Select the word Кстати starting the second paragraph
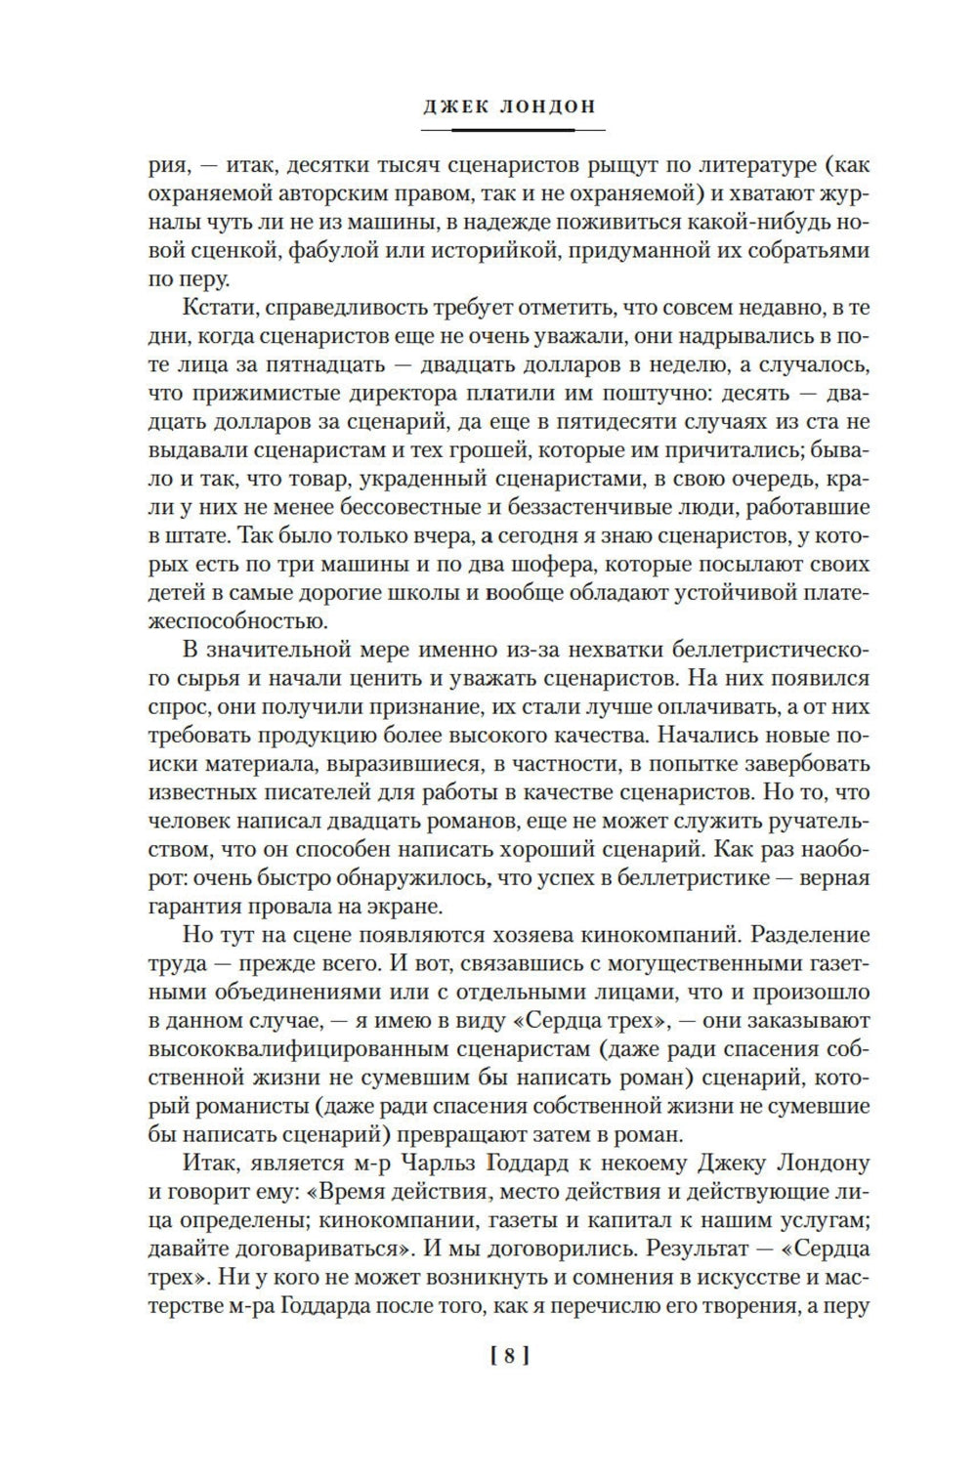(214, 310)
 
